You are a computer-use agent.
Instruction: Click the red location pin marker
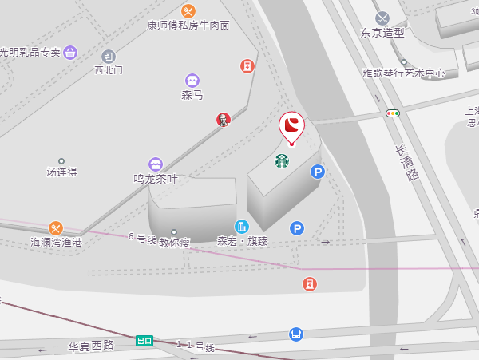(292, 126)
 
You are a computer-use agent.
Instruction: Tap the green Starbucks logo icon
(282, 161)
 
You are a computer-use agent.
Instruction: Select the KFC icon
(224, 120)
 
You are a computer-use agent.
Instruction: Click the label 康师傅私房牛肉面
(188, 26)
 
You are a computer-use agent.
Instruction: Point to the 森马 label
(192, 95)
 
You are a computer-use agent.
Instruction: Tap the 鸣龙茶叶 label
(155, 179)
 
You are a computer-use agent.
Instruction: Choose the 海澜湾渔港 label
(56, 241)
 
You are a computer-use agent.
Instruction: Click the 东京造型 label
(382, 34)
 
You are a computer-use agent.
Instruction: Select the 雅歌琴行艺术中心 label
(404, 73)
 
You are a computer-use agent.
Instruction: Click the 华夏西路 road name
(91, 346)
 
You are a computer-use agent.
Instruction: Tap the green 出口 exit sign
(144, 341)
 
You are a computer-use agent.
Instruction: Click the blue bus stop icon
(296, 334)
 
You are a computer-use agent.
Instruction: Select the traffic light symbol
(392, 113)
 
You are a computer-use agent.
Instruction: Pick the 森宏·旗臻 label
(243, 240)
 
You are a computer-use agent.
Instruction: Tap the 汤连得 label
(61, 172)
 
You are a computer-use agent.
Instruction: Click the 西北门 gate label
(109, 70)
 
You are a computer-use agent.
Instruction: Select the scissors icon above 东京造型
(382, 18)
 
